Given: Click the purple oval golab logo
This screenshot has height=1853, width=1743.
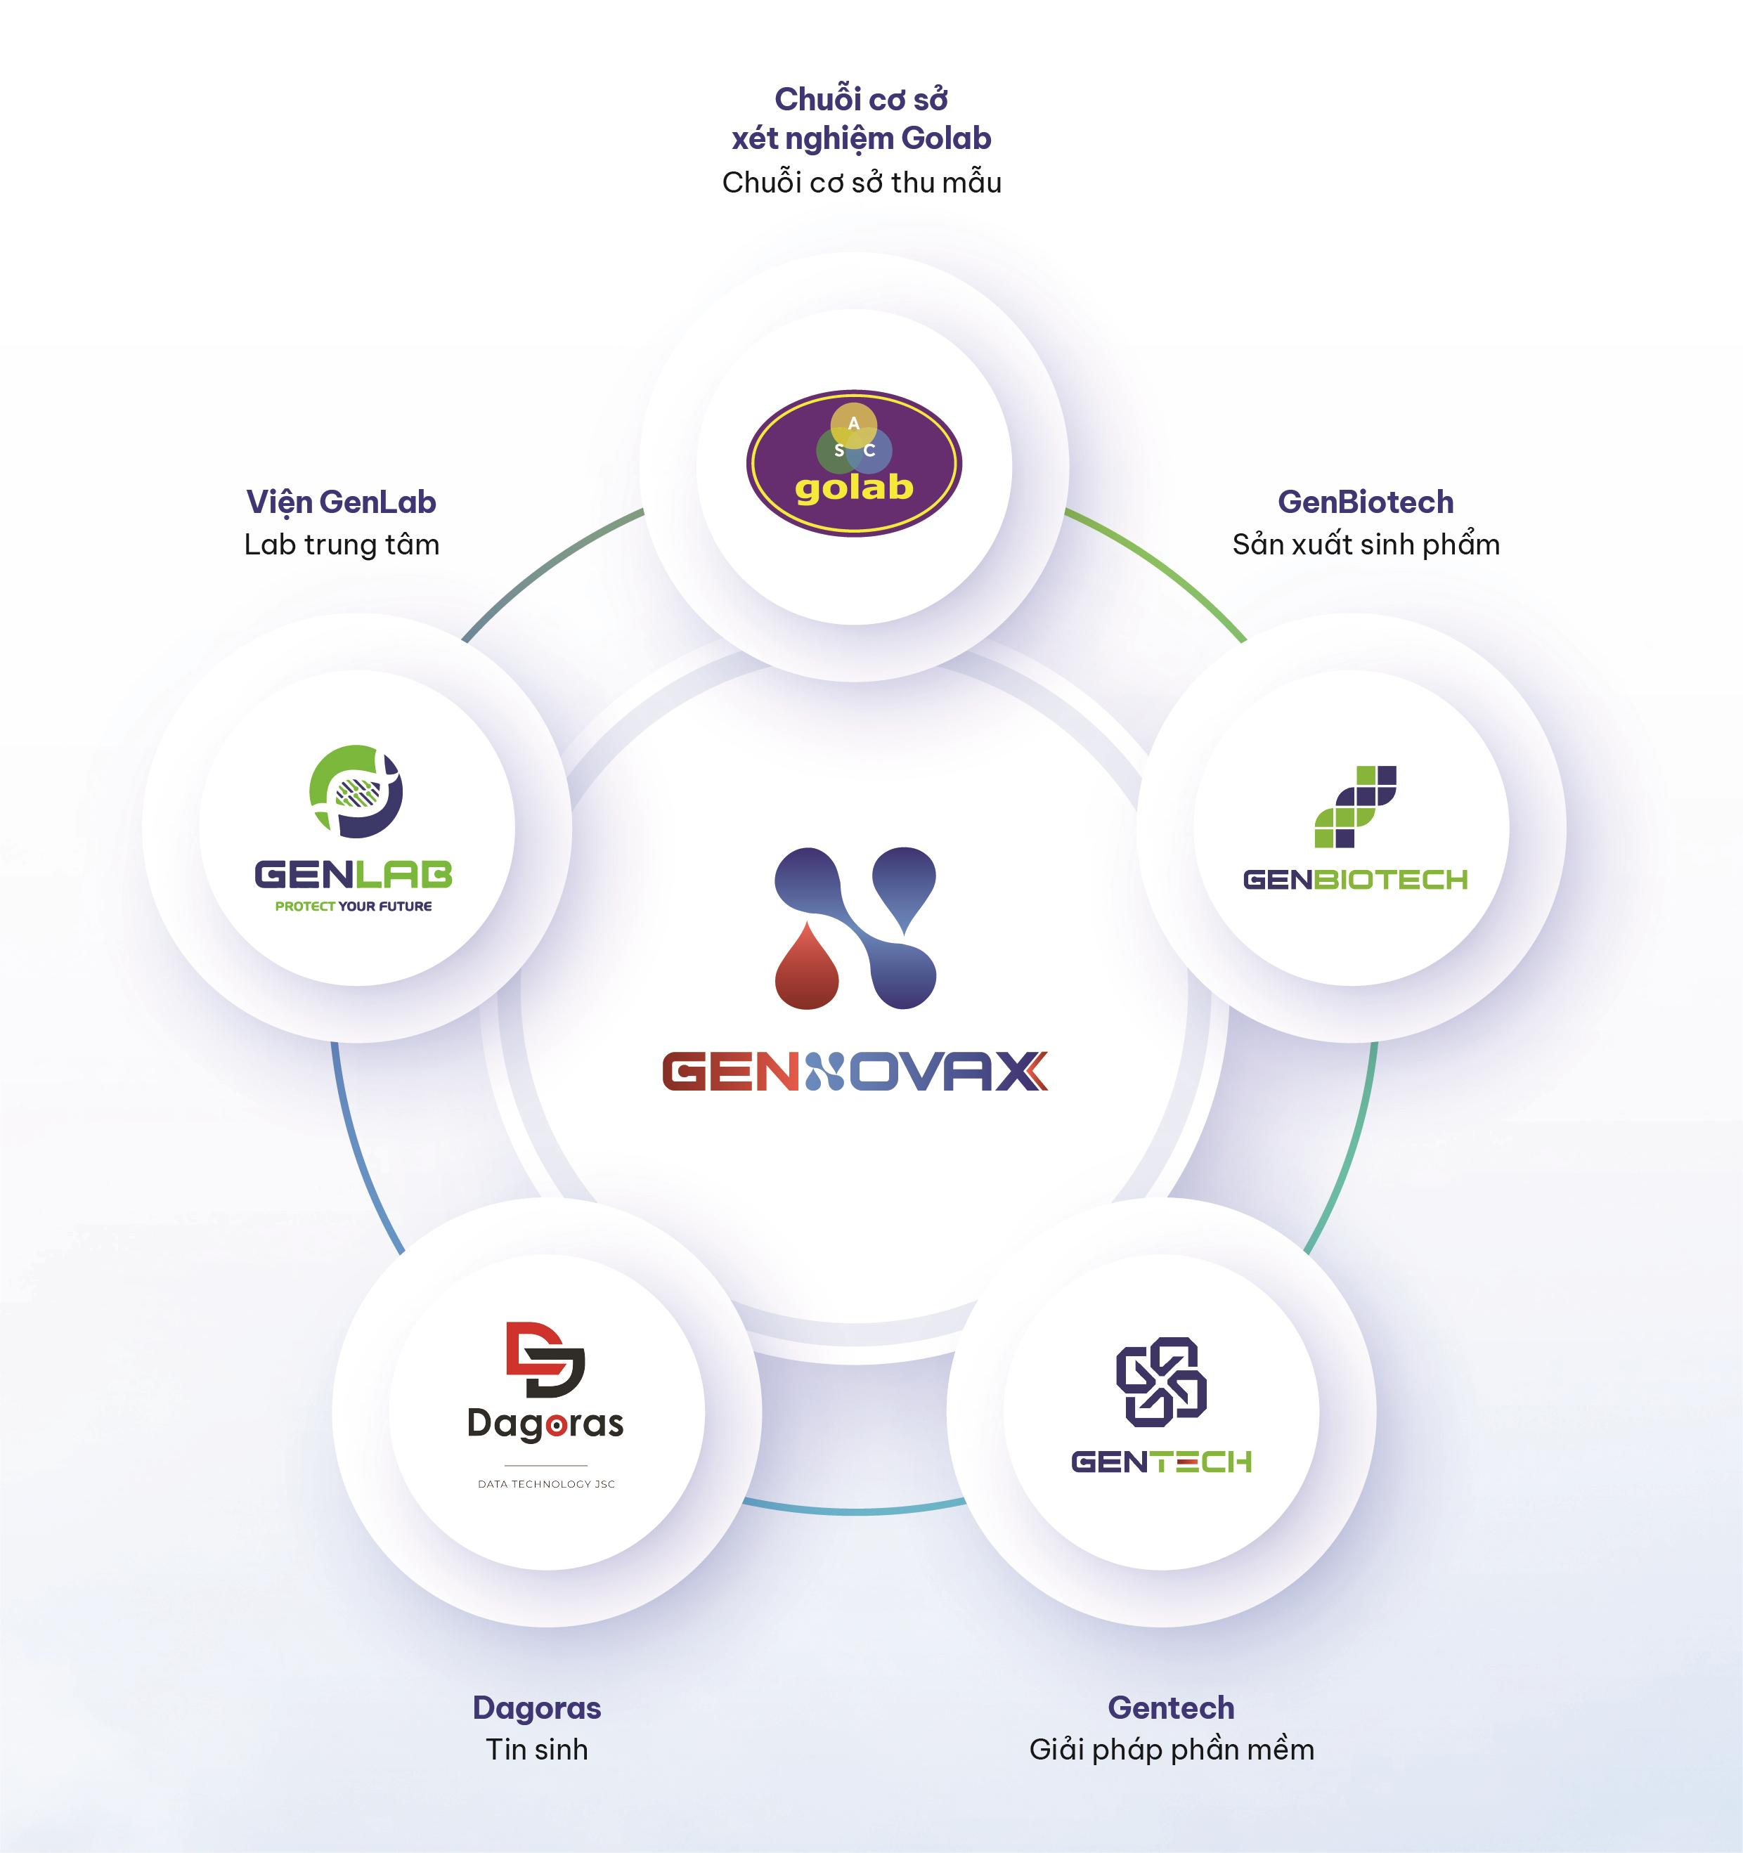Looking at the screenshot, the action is pyautogui.click(x=854, y=463).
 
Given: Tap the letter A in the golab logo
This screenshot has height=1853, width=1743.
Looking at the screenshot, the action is pyautogui.click(x=853, y=423).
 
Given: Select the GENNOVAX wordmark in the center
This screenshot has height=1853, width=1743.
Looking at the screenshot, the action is pyautogui.click(x=855, y=1071).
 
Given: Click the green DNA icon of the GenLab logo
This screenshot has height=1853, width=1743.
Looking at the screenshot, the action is pyautogui.click(x=356, y=791).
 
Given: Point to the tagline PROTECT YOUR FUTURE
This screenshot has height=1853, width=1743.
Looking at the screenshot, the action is pyautogui.click(x=354, y=906).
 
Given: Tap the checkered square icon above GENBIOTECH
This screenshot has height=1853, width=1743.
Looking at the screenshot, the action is pyautogui.click(x=1355, y=806).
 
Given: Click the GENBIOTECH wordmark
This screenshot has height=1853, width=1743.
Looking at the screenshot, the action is pyautogui.click(x=1355, y=879).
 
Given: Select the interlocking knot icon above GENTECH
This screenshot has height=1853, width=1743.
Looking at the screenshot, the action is pyautogui.click(x=1161, y=1381).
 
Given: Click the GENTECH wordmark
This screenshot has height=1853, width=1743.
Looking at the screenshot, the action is pyautogui.click(x=1161, y=1462).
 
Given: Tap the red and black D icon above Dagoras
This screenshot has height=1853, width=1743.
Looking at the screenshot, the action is pyautogui.click(x=545, y=1359).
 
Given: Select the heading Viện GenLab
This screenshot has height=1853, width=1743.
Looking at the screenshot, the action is pyautogui.click(x=341, y=502).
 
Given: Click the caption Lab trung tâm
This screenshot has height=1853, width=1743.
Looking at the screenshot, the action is pyautogui.click(x=341, y=545).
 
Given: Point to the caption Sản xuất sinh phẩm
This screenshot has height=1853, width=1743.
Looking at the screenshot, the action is pyautogui.click(x=1366, y=545).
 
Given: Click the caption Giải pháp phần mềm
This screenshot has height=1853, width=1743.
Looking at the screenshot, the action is pyautogui.click(x=1172, y=1750).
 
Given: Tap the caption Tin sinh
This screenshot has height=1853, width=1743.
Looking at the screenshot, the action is pyautogui.click(x=537, y=1750).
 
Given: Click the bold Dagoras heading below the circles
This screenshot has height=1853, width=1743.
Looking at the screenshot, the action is pyautogui.click(x=537, y=1708).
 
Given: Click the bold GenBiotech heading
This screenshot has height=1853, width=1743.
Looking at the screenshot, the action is pyautogui.click(x=1366, y=502).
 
